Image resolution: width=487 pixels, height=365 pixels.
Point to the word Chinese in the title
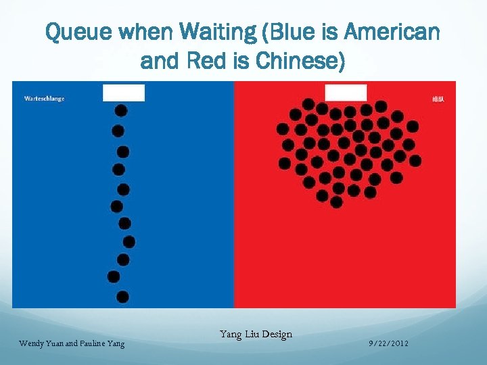point(297,62)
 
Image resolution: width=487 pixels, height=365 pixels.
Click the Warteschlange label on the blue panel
point(44,99)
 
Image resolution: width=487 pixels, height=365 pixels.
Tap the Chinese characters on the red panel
point(438,99)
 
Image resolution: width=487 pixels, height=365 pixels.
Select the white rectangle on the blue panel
point(124,93)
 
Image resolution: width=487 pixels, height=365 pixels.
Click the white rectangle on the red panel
point(346,93)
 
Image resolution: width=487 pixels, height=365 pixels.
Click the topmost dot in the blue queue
point(121,111)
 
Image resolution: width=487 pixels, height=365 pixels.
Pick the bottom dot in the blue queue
point(122,297)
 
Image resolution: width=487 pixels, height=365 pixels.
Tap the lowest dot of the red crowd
point(337,201)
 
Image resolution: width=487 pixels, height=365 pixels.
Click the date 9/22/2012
point(389,344)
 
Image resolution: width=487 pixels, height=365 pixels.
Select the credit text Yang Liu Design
point(256,334)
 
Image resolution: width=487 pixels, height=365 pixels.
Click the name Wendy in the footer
point(31,344)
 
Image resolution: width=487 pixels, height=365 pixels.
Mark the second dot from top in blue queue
point(118,130)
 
